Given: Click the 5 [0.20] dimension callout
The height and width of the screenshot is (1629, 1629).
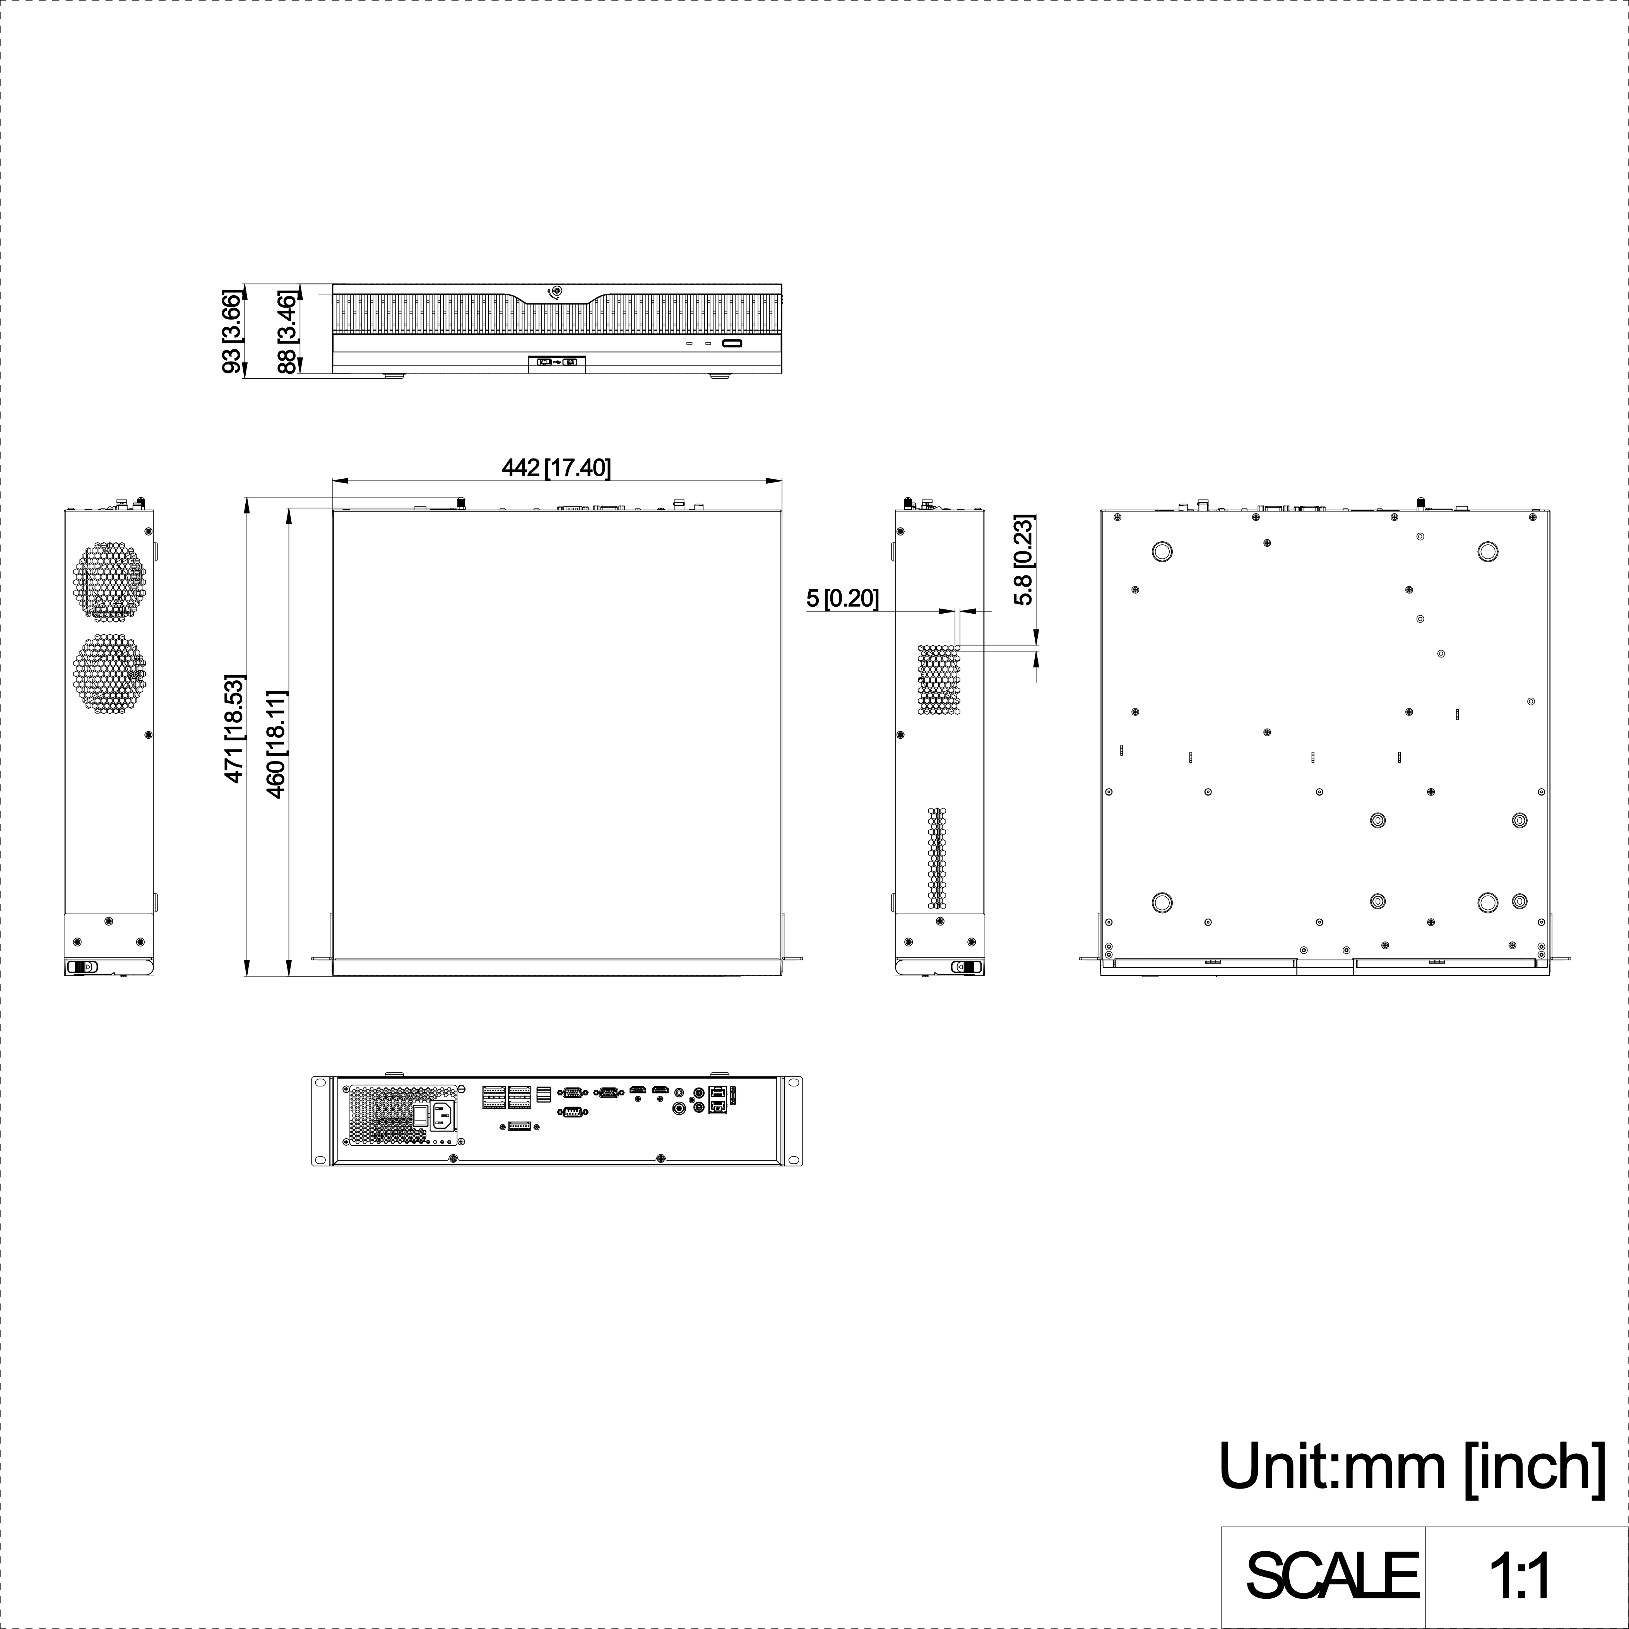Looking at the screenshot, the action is [x=842, y=599].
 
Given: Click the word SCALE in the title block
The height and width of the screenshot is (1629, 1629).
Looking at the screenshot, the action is [x=1332, y=1574].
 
